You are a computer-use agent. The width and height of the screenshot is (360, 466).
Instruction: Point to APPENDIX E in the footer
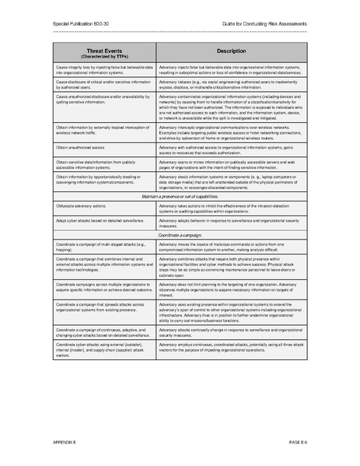68,442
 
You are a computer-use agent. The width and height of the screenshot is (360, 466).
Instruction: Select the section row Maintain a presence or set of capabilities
180,197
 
